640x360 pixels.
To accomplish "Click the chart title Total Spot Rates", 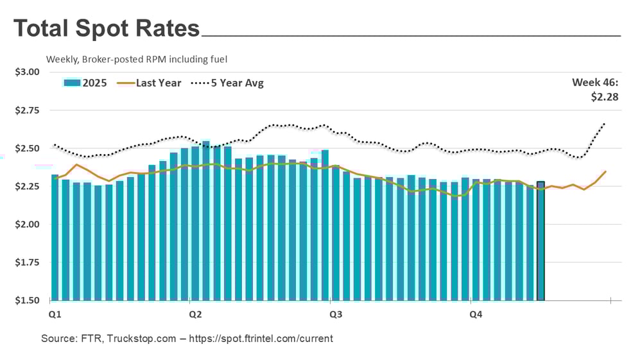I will click(x=107, y=29).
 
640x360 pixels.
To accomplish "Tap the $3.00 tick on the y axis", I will click(x=27, y=72).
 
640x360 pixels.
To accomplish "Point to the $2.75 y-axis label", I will click(x=27, y=110).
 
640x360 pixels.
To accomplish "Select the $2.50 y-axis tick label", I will click(x=27, y=148).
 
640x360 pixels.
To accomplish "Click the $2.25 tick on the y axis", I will click(x=27, y=186).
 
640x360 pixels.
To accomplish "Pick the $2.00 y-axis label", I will click(x=27, y=225).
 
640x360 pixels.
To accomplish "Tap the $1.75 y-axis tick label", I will click(x=27, y=262).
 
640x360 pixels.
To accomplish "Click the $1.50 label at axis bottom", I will click(x=27, y=300).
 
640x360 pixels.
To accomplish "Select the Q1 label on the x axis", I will click(x=55, y=314).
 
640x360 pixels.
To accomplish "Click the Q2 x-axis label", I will click(x=195, y=314).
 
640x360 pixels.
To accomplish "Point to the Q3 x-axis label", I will click(x=335, y=314).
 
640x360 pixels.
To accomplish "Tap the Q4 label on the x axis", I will click(x=476, y=314).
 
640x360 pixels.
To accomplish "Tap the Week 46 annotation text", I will click(x=595, y=82).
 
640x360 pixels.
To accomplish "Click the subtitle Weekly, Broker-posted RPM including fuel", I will click(x=137, y=59).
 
